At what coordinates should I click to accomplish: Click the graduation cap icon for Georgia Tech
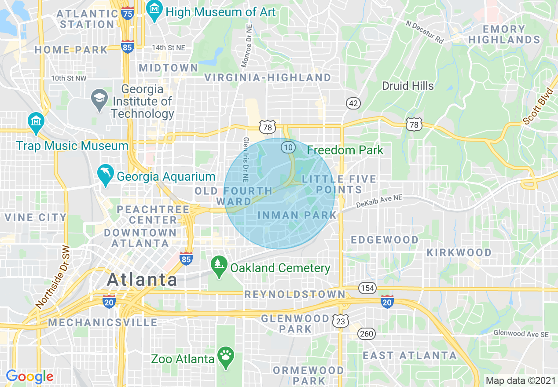click(x=100, y=100)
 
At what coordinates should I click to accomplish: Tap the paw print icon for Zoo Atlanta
click(x=227, y=357)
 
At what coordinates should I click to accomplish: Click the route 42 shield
click(x=353, y=103)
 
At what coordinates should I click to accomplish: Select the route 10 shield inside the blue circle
click(x=288, y=147)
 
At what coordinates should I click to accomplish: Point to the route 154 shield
click(x=367, y=288)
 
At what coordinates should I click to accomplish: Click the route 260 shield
click(x=367, y=334)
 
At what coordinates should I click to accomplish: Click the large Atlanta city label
click(x=142, y=279)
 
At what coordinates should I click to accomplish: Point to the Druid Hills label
click(x=407, y=86)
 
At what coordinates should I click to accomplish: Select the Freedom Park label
click(x=345, y=150)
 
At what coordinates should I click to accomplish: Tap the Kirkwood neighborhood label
click(x=459, y=252)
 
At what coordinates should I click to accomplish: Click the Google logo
click(x=29, y=376)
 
